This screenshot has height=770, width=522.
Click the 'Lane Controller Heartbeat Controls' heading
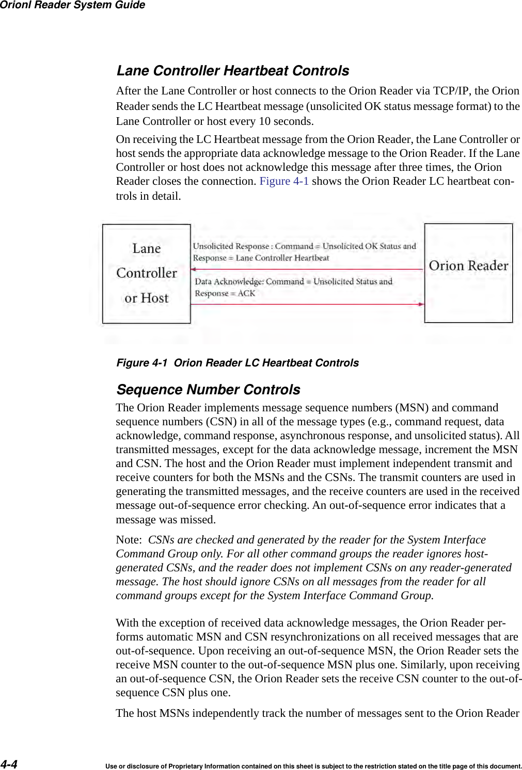click(232, 71)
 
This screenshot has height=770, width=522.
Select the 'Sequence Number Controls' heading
click(208, 390)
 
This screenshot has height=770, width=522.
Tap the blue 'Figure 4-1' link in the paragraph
click(284, 181)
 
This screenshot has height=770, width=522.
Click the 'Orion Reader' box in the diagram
click(468, 273)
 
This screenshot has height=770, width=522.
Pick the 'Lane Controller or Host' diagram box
click(146, 274)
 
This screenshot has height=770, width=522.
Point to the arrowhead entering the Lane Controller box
click(193, 269)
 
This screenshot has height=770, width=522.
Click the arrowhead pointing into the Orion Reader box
click(421, 304)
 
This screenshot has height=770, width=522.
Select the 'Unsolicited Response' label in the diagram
click(231, 246)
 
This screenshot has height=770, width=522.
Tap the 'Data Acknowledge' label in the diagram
click(229, 282)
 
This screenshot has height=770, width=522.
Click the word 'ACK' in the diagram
click(246, 294)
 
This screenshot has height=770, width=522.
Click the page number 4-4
click(9, 764)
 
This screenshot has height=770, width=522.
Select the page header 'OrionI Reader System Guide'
click(72, 5)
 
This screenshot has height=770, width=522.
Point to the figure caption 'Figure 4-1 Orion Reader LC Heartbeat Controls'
click(238, 363)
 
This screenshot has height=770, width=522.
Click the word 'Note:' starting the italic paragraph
click(129, 540)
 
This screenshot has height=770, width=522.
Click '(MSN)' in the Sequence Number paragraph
click(412, 408)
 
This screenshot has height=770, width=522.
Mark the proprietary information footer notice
click(313, 766)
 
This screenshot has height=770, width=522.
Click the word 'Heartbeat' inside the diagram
click(311, 258)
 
